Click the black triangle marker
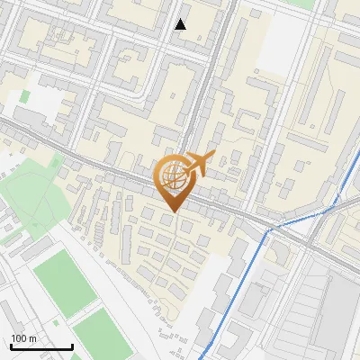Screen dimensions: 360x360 (181, 24)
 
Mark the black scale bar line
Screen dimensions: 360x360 (41, 346)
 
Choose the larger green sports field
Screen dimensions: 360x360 (64, 283)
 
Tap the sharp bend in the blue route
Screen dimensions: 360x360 (267, 230)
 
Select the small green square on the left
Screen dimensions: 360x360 (24, 95)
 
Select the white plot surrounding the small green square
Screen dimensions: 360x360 (40, 103)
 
